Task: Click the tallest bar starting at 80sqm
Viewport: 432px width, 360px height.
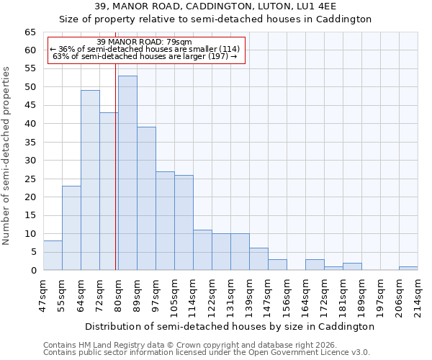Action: click(x=127, y=173)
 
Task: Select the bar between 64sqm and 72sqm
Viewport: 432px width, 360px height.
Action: click(x=90, y=180)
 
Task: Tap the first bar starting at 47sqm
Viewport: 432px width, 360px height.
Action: click(x=53, y=256)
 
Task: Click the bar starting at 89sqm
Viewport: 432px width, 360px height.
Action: click(x=146, y=199)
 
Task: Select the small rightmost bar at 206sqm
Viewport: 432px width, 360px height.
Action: click(x=408, y=269)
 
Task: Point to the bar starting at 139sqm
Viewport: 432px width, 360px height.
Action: click(x=258, y=259)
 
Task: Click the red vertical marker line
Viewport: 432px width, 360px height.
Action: click(x=115, y=180)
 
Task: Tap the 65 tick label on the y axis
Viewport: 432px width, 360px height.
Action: click(x=30, y=32)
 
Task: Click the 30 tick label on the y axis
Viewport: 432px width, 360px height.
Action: click(x=30, y=161)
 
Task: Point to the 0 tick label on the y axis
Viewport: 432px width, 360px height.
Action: click(x=32, y=271)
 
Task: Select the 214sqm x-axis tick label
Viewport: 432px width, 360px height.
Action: click(x=418, y=294)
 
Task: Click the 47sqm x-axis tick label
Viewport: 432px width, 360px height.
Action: click(x=43, y=294)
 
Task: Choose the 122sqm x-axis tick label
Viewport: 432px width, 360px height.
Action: click(x=212, y=294)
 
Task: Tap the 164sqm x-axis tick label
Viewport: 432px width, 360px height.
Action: click(x=305, y=294)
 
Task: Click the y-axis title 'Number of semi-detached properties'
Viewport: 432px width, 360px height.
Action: click(x=7, y=156)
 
